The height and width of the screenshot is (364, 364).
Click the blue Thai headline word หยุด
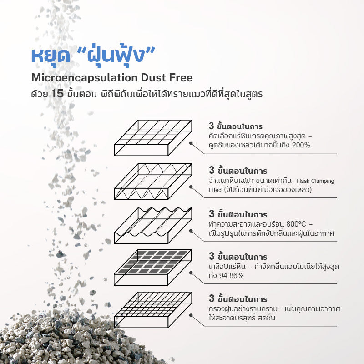[x=51, y=55]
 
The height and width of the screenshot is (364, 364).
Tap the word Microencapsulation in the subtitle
[x=85, y=78]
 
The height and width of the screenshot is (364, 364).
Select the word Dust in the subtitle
[x=153, y=77]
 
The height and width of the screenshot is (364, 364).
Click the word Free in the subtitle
[x=181, y=77]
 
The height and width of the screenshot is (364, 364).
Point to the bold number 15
[x=57, y=94]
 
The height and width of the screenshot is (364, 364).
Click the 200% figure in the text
[x=301, y=145]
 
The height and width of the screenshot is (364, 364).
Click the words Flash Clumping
[x=315, y=181]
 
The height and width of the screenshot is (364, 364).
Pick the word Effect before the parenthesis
[x=216, y=190]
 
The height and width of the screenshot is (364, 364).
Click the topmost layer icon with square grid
[x=153, y=138]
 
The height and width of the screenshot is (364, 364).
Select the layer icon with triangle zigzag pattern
[x=153, y=181]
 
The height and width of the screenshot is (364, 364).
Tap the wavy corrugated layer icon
[x=153, y=225]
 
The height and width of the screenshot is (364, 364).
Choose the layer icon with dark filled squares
[x=153, y=268]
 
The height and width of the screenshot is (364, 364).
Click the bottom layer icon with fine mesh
[x=153, y=310]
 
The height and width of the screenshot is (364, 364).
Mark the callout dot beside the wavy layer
[x=191, y=231]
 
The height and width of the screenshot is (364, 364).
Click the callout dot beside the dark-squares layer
[x=191, y=273]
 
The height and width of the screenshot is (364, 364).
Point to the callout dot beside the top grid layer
[x=191, y=143]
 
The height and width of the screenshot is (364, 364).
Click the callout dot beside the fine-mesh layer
[x=191, y=315]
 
